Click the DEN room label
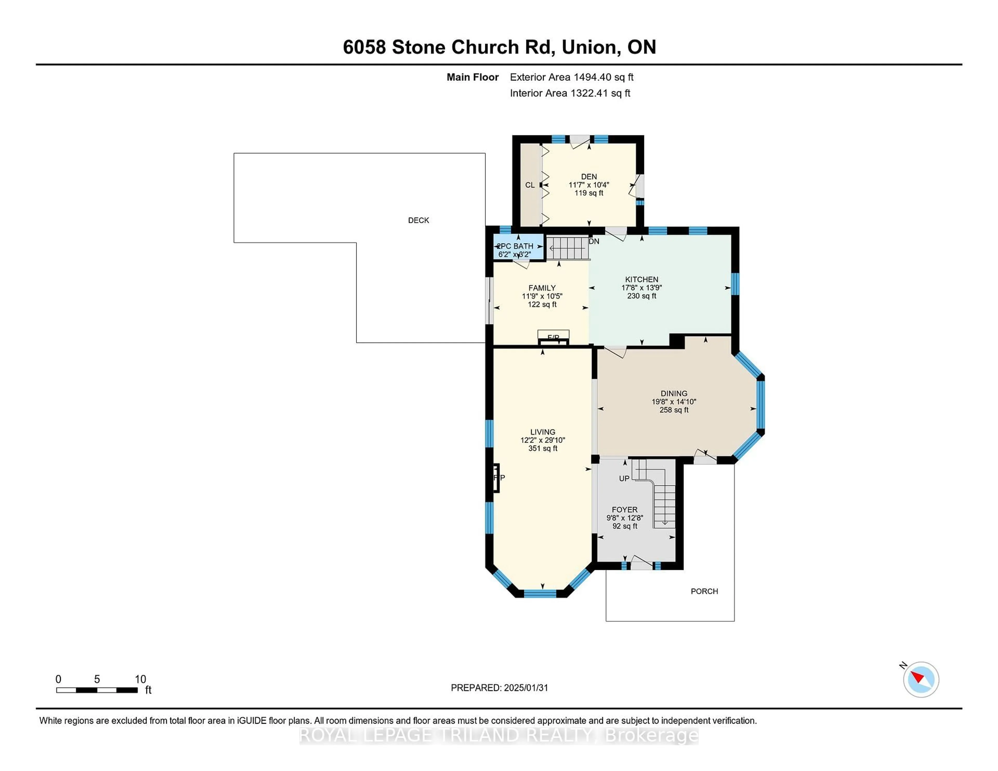589,176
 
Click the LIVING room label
542,432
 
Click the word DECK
418,220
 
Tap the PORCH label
704,591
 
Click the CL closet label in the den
530,185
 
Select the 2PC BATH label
515,246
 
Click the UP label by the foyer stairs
624,478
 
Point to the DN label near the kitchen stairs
594,241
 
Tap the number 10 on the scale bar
140,679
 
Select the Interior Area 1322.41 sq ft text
570,93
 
